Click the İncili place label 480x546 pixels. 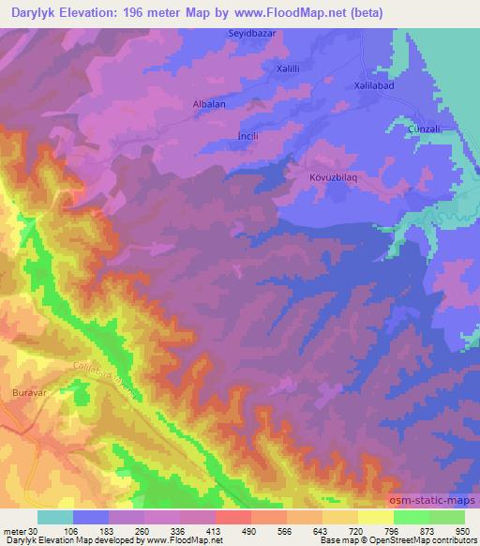click(247, 134)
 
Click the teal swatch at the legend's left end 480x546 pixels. click(55, 517)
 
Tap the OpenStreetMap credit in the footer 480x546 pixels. click(439, 540)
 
